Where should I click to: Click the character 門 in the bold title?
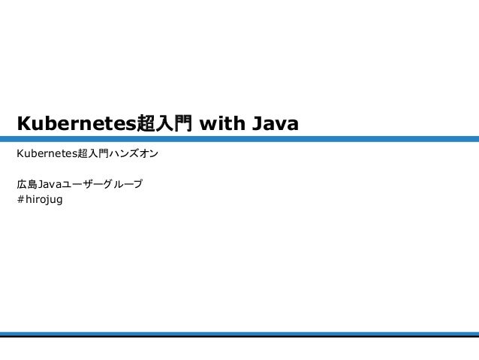tap(182, 123)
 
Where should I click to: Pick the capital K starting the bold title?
tap(23, 123)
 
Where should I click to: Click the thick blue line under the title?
tap(239, 139)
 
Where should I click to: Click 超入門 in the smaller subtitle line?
tap(94, 155)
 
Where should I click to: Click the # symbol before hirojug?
tap(20, 199)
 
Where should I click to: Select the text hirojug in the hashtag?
tap(44, 200)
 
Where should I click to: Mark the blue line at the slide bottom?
tap(239, 334)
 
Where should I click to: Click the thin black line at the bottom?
tap(239, 337)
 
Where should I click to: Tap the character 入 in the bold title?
tap(164, 123)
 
